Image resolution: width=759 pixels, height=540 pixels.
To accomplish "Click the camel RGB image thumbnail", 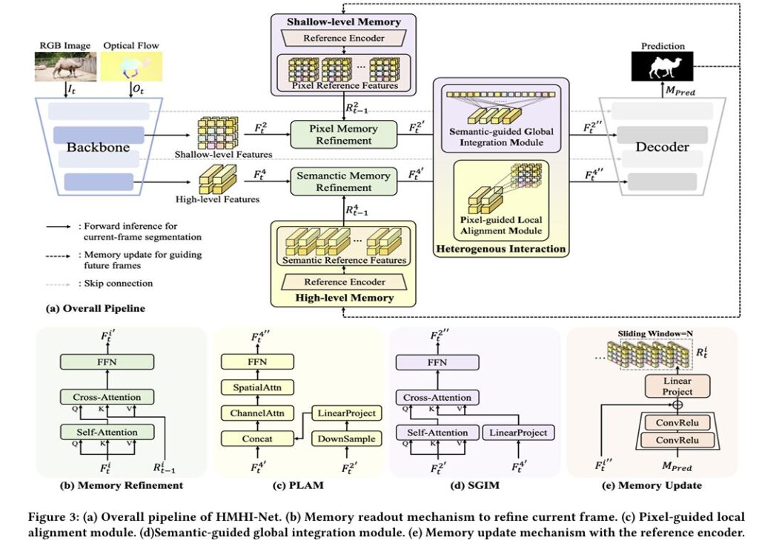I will point(64,66).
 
